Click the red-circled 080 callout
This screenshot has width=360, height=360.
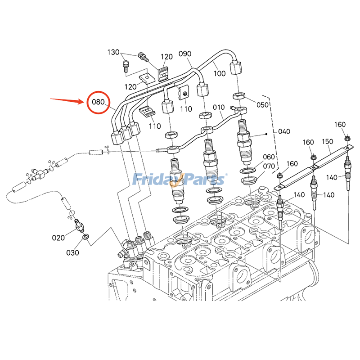98,102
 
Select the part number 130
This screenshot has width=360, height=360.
114,52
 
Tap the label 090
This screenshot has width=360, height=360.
185,54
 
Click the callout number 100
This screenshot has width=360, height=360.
220,72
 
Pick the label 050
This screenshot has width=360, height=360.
262,104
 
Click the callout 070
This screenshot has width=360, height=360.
269,166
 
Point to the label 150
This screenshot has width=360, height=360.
327,141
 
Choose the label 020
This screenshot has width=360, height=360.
58,237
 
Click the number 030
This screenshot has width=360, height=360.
72,252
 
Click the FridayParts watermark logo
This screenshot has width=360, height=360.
180,180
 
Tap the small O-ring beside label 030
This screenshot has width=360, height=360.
85,236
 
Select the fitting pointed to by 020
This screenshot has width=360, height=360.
78,224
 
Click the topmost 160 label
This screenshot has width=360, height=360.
340,124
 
